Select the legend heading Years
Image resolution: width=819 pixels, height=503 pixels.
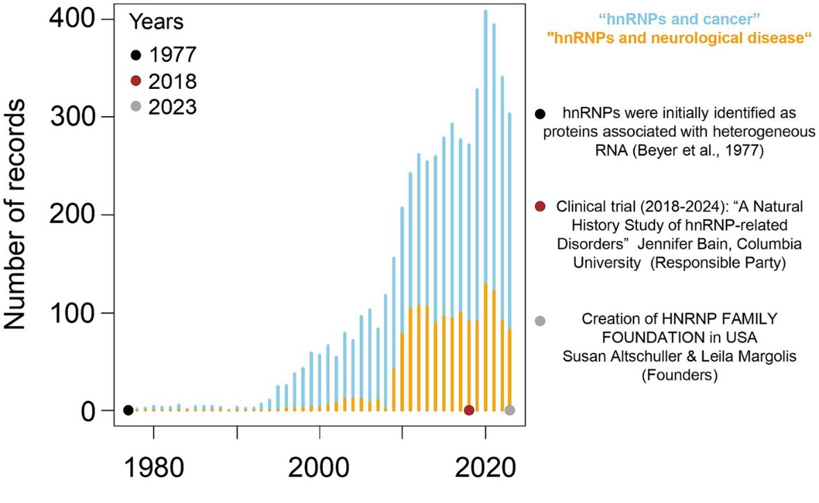(x=156, y=22)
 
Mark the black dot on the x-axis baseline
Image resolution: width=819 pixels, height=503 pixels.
(x=128, y=410)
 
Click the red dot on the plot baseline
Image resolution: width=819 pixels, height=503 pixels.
(x=469, y=410)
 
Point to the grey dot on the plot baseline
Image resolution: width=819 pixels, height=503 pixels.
(x=510, y=410)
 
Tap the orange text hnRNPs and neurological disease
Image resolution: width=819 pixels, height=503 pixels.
(x=679, y=39)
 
